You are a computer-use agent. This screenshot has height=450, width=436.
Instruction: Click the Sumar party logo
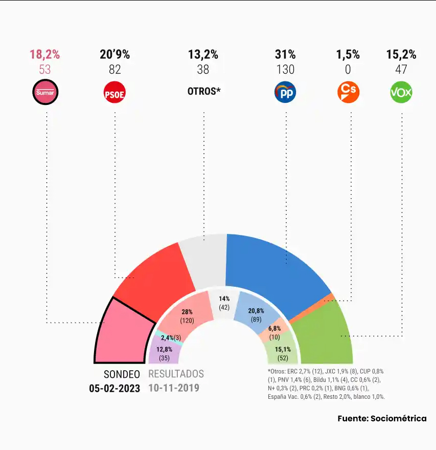coord(45,92)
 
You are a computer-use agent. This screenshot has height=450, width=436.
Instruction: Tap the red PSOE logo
coord(114,93)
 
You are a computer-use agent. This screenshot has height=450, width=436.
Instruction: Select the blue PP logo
coord(286,92)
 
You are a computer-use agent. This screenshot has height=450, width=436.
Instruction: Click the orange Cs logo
coord(349,92)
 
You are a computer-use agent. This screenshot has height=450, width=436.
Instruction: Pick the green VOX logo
coord(401,93)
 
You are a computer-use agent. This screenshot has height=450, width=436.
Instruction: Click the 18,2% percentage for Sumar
coord(45,55)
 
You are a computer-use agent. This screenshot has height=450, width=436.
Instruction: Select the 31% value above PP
coord(285,55)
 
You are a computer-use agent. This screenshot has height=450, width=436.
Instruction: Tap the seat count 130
coord(285,70)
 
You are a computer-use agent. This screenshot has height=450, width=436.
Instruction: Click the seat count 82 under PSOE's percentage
coord(114,70)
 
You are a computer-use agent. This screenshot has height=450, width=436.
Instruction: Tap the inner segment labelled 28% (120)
coord(187,315)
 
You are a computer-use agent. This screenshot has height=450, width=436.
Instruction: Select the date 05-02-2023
coord(114,388)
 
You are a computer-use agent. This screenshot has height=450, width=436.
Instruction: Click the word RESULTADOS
coord(176,374)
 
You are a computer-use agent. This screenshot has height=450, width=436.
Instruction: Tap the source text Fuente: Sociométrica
coord(382,418)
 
